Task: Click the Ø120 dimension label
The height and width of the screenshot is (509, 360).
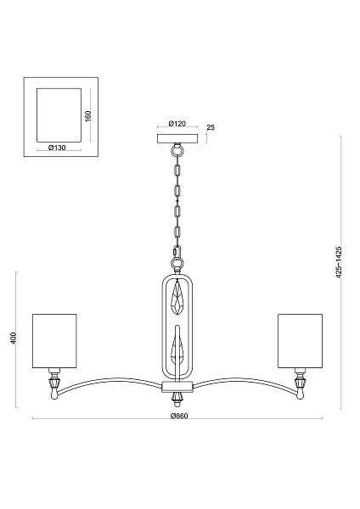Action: click(177, 123)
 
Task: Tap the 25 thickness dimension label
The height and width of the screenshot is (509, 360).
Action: click(211, 127)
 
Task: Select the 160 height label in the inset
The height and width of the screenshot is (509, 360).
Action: click(88, 116)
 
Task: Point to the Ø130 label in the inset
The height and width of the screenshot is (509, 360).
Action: click(57, 148)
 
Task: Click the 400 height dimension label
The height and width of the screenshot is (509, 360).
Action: click(13, 338)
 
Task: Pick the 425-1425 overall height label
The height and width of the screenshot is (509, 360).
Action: click(339, 262)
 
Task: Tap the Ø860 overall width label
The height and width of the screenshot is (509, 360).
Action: click(179, 416)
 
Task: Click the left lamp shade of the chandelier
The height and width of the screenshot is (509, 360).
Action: click(54, 341)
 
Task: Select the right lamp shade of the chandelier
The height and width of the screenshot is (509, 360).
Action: click(300, 341)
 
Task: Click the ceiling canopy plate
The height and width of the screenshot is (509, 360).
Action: click(177, 138)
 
